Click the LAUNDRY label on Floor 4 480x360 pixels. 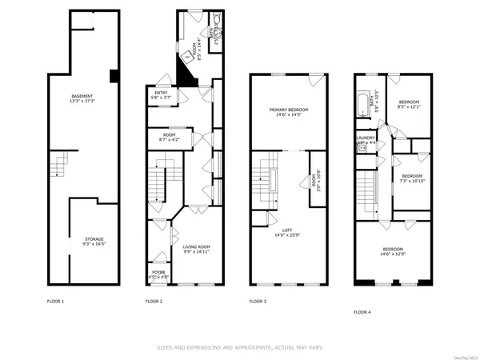pyautogui.click(x=366, y=139)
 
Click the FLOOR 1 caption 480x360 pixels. pyautogui.click(x=56, y=302)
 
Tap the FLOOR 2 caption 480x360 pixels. pyautogui.click(x=154, y=302)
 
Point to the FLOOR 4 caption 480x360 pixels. pyautogui.click(x=363, y=312)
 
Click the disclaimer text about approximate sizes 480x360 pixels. pyautogui.click(x=239, y=348)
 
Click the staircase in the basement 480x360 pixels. pyautogui.click(x=57, y=167)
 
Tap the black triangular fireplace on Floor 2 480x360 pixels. pyautogui.click(x=186, y=75)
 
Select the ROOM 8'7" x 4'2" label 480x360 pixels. pyautogui.click(x=169, y=137)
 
